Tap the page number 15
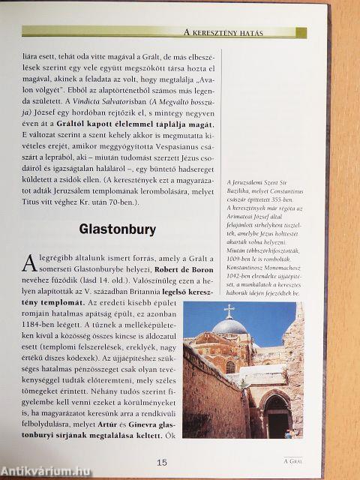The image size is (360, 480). click(161, 463)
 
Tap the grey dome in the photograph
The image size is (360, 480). click(229, 327)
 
